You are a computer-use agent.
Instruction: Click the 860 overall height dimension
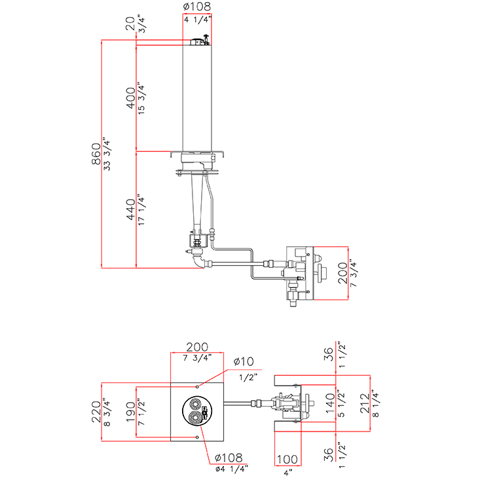96,155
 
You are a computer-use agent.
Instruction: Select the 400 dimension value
130,96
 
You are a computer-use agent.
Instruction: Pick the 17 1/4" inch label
141,210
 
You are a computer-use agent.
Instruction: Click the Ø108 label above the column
197,9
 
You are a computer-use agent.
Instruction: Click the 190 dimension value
130,412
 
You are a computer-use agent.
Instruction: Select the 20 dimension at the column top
130,24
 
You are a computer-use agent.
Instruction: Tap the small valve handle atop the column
205,39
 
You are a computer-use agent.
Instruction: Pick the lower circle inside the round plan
196,416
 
